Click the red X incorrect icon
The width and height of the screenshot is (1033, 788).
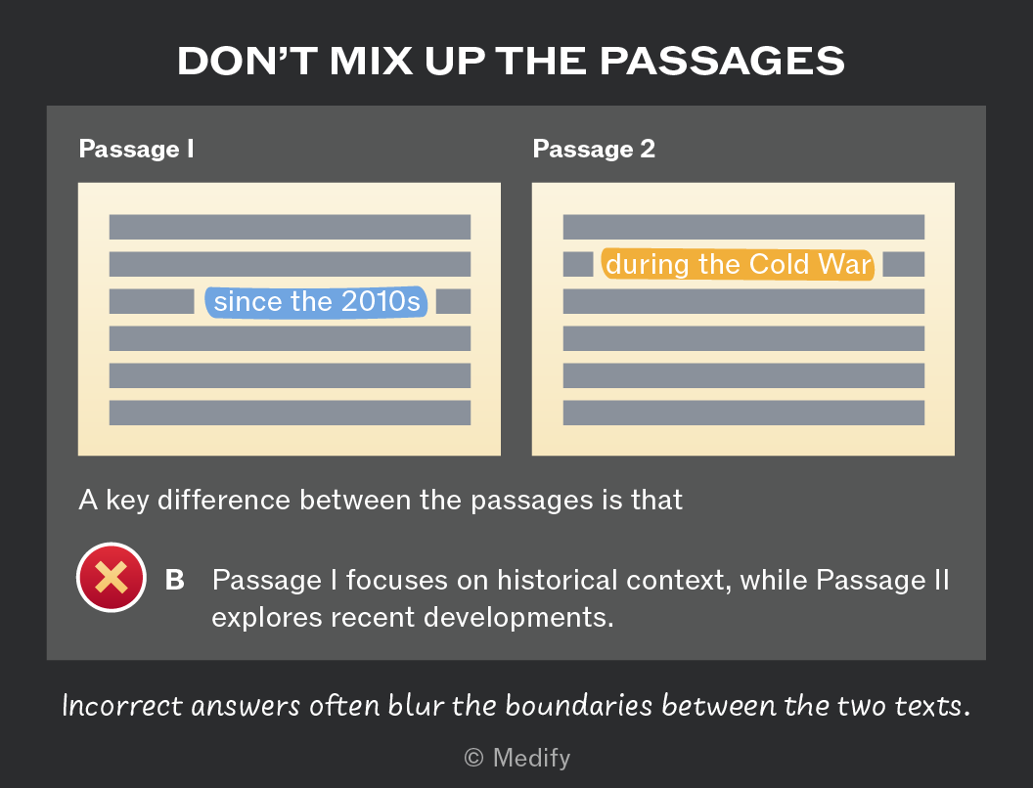pos(112,578)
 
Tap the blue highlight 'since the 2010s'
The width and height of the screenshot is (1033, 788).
pos(316,301)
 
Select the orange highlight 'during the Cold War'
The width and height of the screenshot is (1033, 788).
pos(738,264)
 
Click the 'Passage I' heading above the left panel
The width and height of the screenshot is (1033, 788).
pos(136,149)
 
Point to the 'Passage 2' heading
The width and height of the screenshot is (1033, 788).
pos(594,149)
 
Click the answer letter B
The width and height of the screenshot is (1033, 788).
pos(174,580)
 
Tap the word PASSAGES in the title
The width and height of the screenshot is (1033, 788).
pos(722,61)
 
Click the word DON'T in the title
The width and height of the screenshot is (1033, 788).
pos(247,61)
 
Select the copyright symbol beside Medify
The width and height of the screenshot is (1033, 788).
pos(473,758)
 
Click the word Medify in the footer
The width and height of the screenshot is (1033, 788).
pos(531,758)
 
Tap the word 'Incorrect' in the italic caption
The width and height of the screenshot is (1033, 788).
pos(122,706)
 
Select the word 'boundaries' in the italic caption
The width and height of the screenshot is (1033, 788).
pos(579,706)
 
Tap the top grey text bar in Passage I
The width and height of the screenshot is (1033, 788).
pos(290,227)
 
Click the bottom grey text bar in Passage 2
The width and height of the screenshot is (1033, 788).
pos(743,413)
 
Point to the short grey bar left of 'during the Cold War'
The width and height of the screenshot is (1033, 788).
pos(578,264)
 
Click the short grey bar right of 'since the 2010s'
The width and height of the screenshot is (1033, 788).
pos(454,301)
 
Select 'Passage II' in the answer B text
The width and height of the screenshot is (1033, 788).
pos(882,580)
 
